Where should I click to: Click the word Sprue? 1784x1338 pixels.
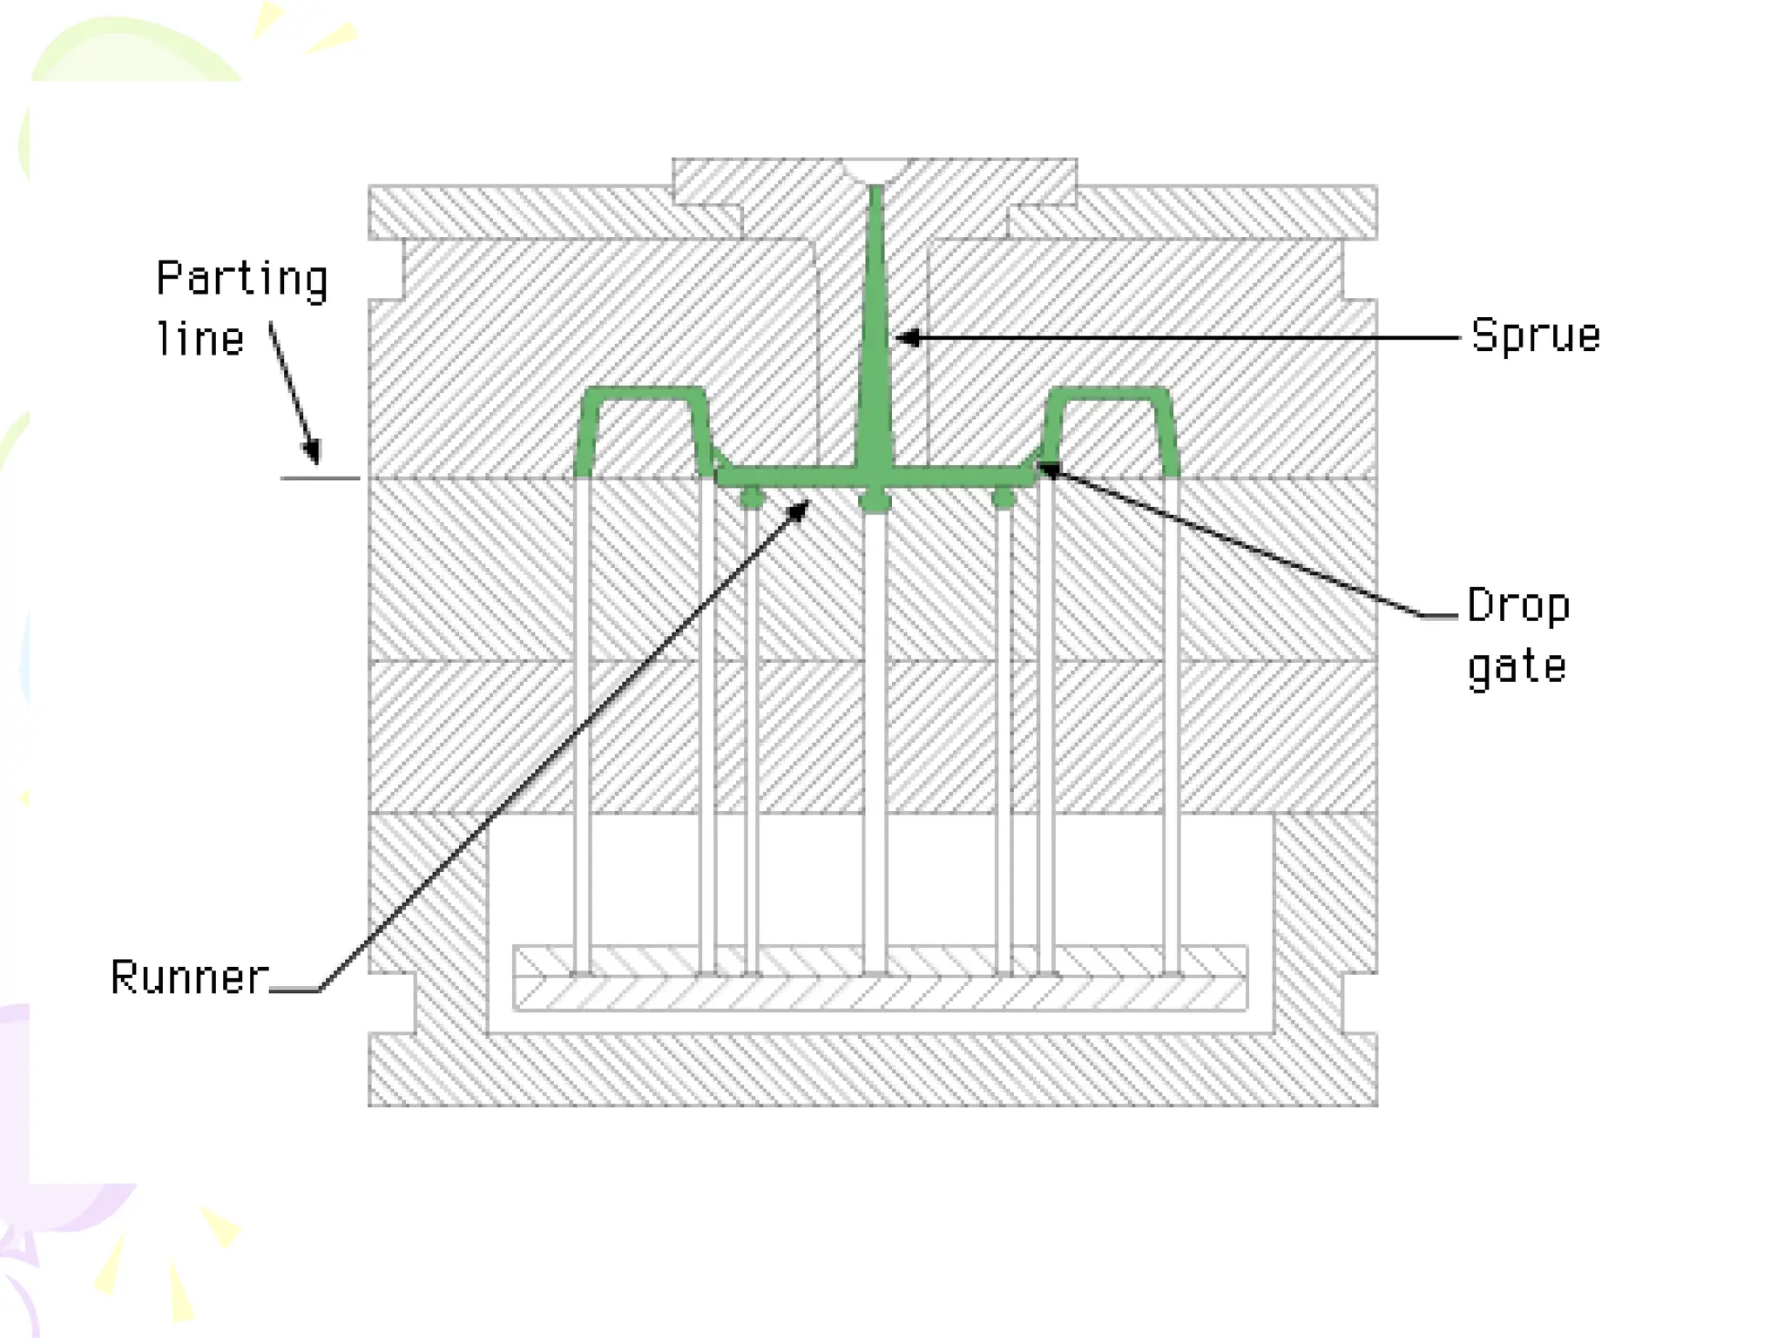pyautogui.click(x=1535, y=335)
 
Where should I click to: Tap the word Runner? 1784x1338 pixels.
pyautogui.click(x=190, y=977)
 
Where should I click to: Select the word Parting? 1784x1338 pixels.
pyautogui.click(x=242, y=280)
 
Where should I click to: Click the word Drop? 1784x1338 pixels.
pyautogui.click(x=1518, y=606)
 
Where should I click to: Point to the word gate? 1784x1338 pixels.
pyautogui.click(x=1517, y=668)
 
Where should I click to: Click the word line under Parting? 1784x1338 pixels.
pyautogui.click(x=200, y=339)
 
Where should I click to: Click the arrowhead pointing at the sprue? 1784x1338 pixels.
pyautogui.click(x=909, y=337)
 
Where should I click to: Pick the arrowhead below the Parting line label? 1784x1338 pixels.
pyautogui.click(x=311, y=452)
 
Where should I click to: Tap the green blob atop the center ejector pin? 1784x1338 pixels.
pyautogui.click(x=875, y=501)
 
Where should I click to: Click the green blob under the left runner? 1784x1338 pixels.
pyautogui.click(x=752, y=498)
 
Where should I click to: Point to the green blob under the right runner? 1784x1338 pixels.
pyautogui.click(x=1003, y=498)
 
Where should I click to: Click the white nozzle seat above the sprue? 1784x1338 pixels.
pyautogui.click(x=875, y=170)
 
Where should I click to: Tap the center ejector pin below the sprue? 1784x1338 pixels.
pyautogui.click(x=875, y=740)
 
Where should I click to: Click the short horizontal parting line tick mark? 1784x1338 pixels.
pyautogui.click(x=320, y=478)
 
